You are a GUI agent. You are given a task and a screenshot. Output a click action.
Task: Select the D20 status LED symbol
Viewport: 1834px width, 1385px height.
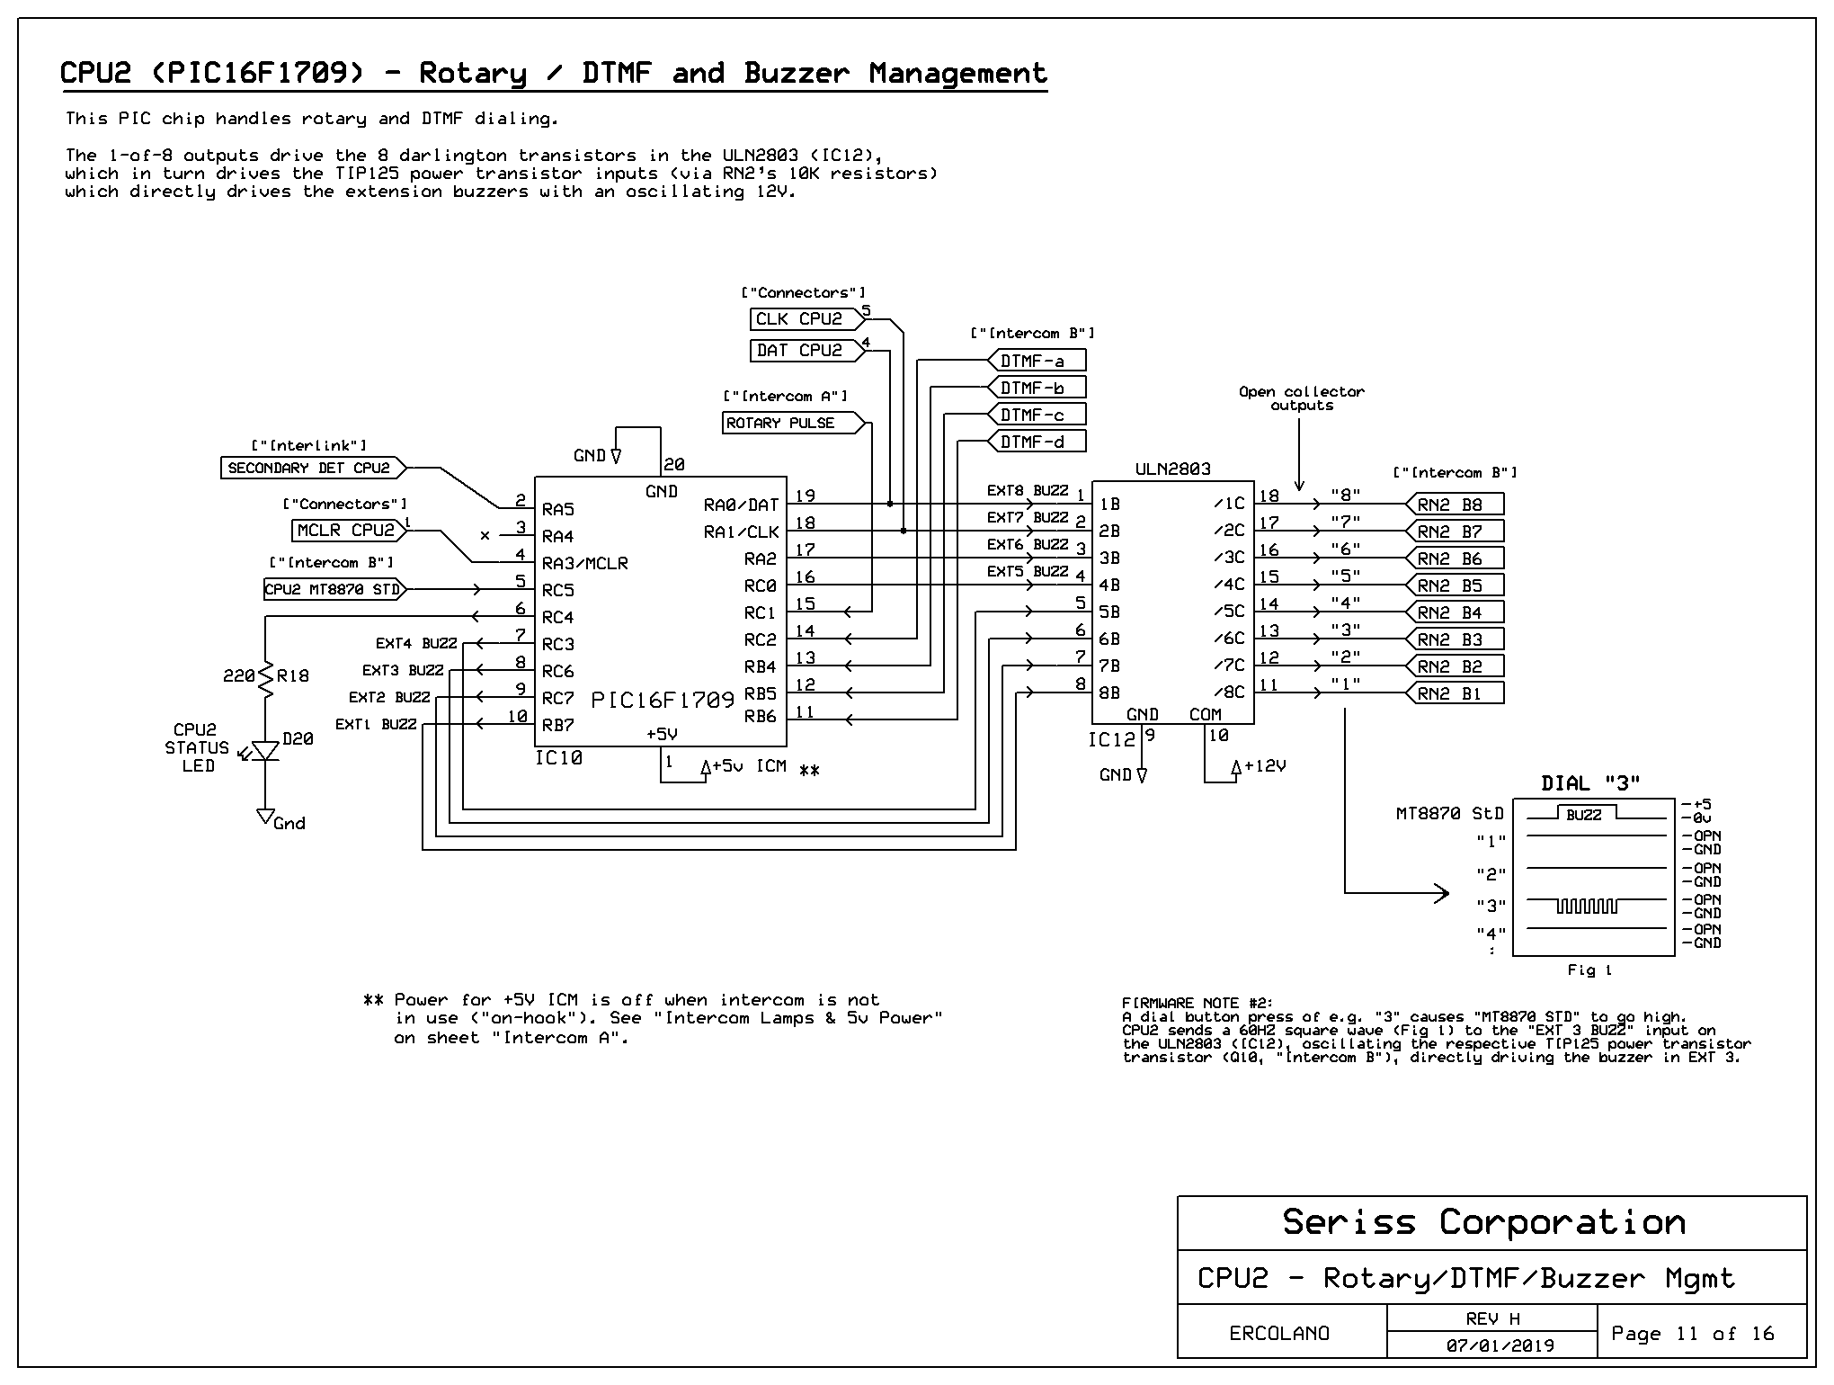tap(265, 751)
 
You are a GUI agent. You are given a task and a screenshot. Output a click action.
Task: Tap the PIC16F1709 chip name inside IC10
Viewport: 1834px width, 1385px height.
tap(663, 700)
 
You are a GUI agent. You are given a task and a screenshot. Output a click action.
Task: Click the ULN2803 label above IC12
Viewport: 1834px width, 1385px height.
tap(1172, 469)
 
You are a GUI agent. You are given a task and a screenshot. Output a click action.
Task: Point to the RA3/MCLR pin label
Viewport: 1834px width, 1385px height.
tap(584, 564)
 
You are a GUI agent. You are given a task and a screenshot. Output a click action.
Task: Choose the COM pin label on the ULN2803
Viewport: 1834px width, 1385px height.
tap(1205, 715)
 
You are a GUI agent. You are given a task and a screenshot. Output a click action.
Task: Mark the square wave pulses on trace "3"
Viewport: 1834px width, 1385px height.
tap(1586, 907)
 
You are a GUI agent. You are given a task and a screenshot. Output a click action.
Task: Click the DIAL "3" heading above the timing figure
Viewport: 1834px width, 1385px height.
tap(1590, 783)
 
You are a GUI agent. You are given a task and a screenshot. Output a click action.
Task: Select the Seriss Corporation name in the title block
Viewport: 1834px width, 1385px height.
tap(1483, 1222)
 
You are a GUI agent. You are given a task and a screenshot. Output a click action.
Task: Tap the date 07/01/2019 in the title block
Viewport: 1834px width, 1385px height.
tap(1500, 1346)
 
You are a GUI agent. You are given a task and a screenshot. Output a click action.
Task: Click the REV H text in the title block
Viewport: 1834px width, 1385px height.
tap(1492, 1318)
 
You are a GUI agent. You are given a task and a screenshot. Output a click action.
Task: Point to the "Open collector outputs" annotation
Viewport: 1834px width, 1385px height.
tap(1301, 398)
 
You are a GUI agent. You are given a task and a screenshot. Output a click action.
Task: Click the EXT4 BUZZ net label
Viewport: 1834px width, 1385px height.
tap(416, 644)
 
